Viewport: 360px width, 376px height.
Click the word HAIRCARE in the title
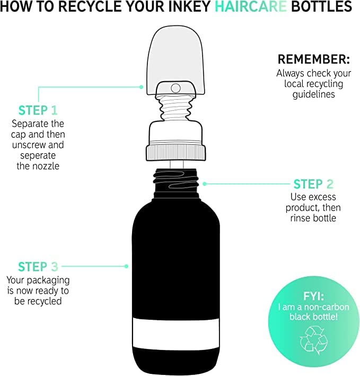[250, 6]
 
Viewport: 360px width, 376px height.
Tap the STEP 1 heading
[38, 110]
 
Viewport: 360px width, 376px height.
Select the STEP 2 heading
[313, 184]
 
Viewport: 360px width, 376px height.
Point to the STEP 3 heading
[38, 267]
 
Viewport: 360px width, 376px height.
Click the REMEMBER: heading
[314, 59]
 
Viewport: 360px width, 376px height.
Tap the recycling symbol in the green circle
[313, 340]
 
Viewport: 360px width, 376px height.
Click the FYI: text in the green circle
[313, 296]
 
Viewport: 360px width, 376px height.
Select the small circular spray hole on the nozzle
[175, 88]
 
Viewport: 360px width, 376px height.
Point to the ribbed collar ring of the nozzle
[176, 152]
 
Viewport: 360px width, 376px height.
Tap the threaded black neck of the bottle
[176, 183]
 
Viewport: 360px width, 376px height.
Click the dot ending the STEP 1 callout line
[141, 87]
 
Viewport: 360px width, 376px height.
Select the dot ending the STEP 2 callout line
[205, 184]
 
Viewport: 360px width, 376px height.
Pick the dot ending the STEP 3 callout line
[126, 266]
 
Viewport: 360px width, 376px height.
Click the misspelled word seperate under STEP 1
[38, 156]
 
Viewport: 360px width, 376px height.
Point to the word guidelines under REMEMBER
[313, 94]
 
